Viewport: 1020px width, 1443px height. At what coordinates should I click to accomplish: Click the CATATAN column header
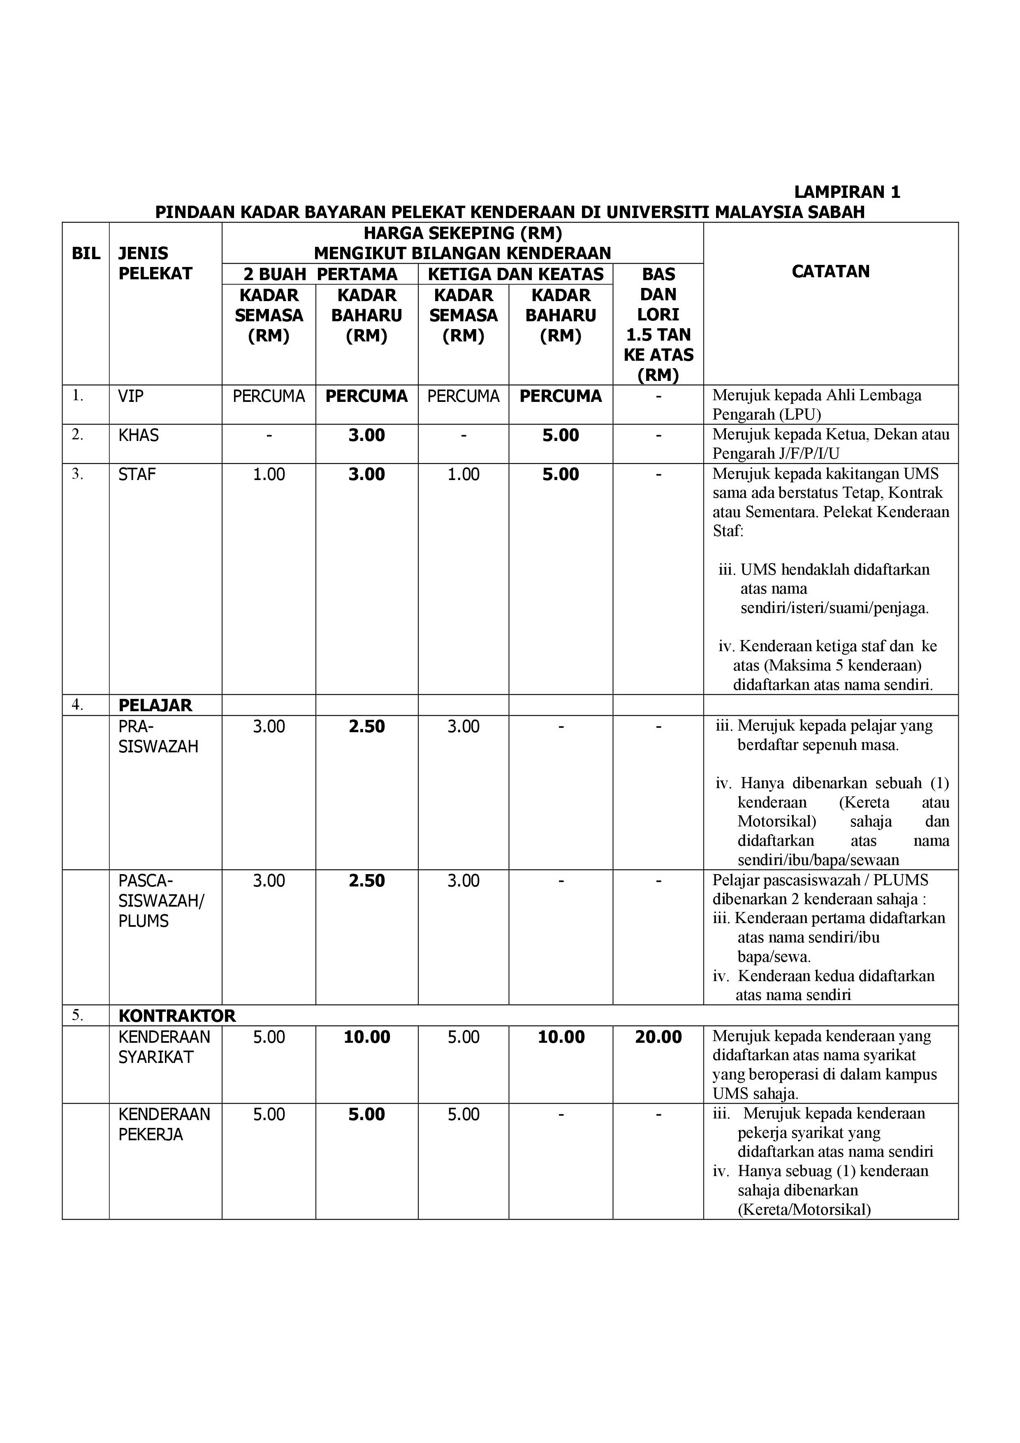point(830,271)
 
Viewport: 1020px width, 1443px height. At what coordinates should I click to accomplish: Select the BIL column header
point(86,253)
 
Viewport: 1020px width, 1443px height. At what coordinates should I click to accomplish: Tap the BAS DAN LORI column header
point(658,324)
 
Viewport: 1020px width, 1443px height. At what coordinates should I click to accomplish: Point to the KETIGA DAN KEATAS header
point(515,274)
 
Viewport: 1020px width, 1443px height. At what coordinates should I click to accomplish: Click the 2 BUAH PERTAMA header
point(320,274)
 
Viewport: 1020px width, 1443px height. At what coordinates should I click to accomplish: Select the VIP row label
point(131,397)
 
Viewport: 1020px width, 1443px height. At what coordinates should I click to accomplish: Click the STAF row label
point(137,475)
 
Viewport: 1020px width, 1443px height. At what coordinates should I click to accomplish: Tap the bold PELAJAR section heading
point(155,705)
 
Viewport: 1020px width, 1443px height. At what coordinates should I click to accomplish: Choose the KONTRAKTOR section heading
point(176,1016)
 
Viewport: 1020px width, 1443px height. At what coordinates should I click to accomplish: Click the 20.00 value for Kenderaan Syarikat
point(658,1037)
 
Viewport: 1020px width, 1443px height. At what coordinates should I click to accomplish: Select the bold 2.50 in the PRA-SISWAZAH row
point(366,726)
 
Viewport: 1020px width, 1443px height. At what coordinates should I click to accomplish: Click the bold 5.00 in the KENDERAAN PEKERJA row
point(366,1114)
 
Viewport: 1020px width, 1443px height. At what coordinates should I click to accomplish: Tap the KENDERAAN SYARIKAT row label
point(164,1046)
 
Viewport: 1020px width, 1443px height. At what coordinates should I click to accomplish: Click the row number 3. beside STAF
point(77,474)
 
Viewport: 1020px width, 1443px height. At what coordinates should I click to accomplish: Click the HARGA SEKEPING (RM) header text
point(463,233)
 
